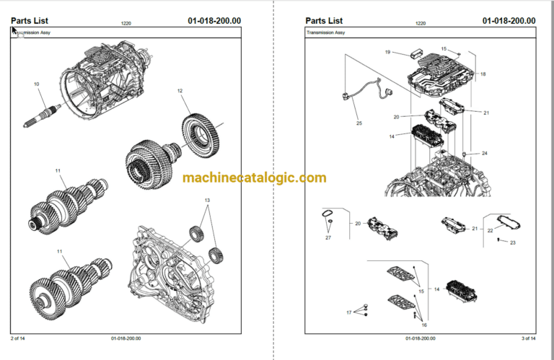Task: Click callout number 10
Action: click(x=37, y=84)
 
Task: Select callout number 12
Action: click(x=180, y=90)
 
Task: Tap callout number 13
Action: click(x=207, y=200)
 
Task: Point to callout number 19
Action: click(x=387, y=52)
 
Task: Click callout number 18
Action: click(x=483, y=74)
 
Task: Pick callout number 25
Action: click(x=359, y=123)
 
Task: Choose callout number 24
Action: click(x=485, y=154)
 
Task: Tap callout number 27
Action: click(x=327, y=237)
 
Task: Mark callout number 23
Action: click(x=513, y=242)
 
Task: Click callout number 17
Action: click(x=348, y=312)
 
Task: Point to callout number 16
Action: click(x=424, y=325)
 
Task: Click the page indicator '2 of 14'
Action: click(x=18, y=338)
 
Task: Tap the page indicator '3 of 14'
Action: click(x=528, y=338)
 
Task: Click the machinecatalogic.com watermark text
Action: click(x=254, y=177)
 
